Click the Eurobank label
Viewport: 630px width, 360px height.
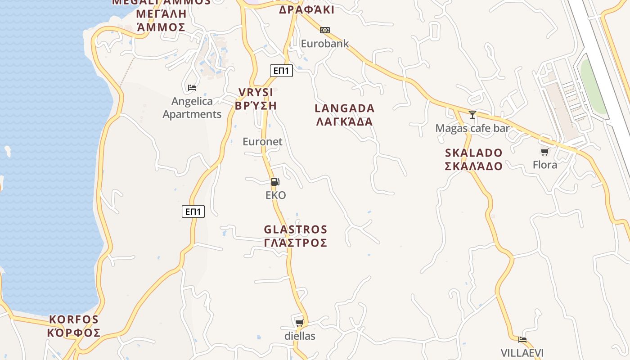coord(324,44)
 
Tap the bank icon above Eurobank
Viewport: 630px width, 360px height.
coord(324,30)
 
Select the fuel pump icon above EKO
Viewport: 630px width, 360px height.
coord(275,182)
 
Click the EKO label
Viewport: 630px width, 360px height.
coord(276,195)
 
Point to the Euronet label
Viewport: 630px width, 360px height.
coord(262,142)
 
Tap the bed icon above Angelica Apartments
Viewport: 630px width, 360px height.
coord(192,87)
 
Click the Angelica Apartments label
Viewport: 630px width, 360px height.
coord(192,108)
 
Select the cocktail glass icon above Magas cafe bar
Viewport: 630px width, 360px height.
coord(472,115)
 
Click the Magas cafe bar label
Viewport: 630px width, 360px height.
coord(472,128)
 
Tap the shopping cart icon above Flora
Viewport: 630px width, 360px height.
coord(544,152)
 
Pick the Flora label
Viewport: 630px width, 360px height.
coord(544,165)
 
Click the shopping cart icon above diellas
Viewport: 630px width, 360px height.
coord(299,323)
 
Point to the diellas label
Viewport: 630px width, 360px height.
coord(300,336)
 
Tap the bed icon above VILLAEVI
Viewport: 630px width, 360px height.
coord(522,340)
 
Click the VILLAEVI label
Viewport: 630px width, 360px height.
coord(522,352)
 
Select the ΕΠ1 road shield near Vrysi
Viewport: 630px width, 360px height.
coord(281,71)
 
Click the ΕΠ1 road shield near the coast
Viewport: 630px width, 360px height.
coord(193,211)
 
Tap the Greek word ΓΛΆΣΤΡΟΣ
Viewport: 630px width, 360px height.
coord(295,243)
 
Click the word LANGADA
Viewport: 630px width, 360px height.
coord(344,108)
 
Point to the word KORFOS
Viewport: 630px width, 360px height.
coord(73,319)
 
